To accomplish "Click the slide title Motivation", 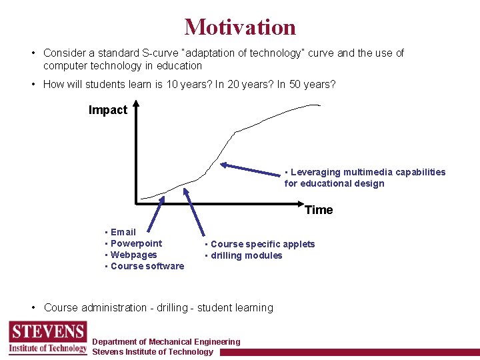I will [240, 27].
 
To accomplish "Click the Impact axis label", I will [107, 111].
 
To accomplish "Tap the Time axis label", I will [319, 210].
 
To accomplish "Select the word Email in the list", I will [123, 232].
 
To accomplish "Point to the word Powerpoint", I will [136, 243].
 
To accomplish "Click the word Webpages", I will [133, 255].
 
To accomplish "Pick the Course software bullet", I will [147, 266].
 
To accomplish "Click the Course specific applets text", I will [262, 244].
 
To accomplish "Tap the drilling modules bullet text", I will [246, 255].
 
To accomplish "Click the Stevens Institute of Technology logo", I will [47, 338].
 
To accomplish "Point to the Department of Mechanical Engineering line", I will [166, 342].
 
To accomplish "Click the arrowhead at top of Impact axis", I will [135, 104].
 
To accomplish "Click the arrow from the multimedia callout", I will [253, 169].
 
